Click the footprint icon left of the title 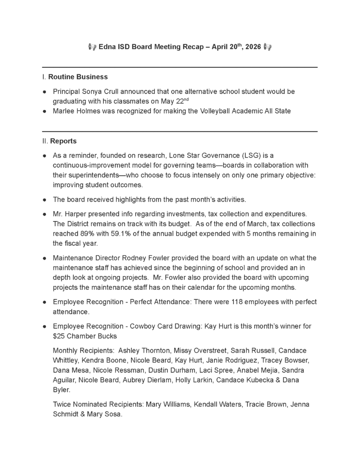pos(92,47)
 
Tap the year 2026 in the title pos(253,47)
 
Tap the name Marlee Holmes pos(75,111)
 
